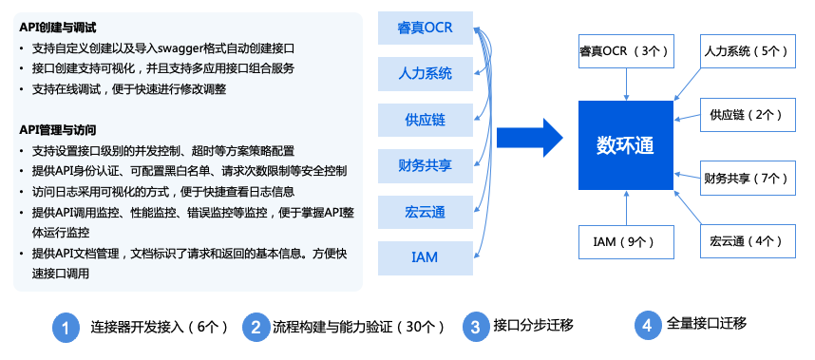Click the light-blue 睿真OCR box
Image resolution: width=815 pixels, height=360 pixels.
[425, 28]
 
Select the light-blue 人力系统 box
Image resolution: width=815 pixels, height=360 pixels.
[425, 73]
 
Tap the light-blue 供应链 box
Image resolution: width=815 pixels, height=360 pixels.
[425, 120]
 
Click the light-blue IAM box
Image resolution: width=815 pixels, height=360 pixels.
[425, 257]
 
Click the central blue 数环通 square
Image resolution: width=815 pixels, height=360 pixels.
[626, 145]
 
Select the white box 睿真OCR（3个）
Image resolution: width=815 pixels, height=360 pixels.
[626, 50]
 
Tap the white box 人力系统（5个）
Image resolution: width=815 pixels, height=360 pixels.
[745, 50]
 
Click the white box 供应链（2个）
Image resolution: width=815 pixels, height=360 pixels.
[745, 115]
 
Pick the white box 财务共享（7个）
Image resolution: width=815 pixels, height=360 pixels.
[745, 178]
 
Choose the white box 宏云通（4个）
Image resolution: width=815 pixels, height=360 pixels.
[745, 241]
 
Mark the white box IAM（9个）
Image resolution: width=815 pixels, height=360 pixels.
[626, 241]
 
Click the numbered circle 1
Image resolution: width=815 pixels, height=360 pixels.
[65, 327]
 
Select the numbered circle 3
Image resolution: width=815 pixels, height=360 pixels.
[475, 327]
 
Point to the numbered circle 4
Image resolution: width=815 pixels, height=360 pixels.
[647, 325]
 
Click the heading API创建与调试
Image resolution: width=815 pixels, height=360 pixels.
[58, 28]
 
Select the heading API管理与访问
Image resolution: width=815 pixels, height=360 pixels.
[58, 129]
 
